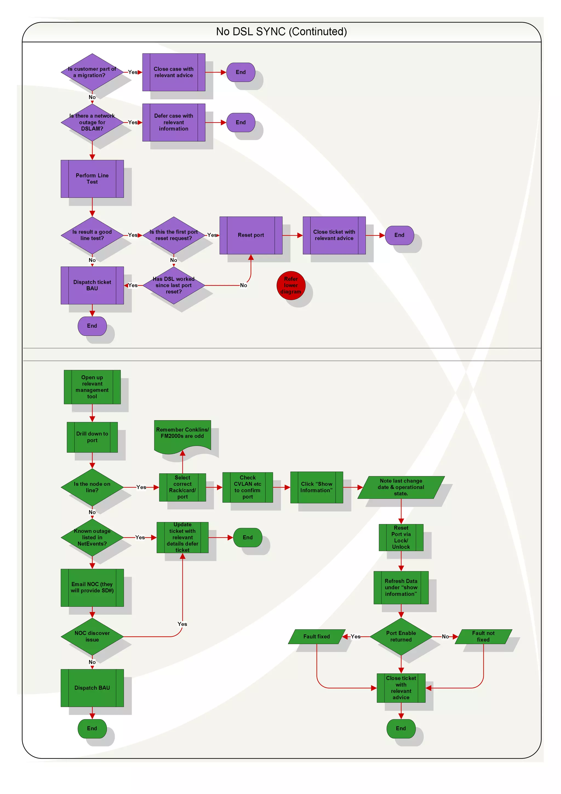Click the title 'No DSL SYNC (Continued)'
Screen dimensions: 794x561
[281, 32]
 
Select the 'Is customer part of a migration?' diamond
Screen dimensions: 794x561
[92, 72]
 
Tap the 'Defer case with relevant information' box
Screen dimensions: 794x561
[173, 122]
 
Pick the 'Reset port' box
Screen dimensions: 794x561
[251, 235]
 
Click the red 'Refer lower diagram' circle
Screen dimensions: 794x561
[291, 285]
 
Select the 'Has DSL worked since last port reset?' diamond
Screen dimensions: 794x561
[173, 285]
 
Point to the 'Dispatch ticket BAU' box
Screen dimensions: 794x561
[92, 285]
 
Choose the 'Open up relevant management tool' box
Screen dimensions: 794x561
[92, 387]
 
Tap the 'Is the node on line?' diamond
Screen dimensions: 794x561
[92, 487]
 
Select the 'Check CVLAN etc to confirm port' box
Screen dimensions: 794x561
[247, 487]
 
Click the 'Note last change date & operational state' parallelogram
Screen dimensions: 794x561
[400, 487]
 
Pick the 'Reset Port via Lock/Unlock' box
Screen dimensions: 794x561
[400, 537]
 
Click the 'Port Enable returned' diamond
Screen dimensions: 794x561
[400, 636]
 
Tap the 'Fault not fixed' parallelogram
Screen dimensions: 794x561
[483, 636]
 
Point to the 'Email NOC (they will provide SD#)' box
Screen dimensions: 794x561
[92, 587]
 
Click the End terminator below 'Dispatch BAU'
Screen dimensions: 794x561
[92, 728]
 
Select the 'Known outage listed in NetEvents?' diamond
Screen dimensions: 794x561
[92, 537]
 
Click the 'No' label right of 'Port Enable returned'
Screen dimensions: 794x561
[445, 636]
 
